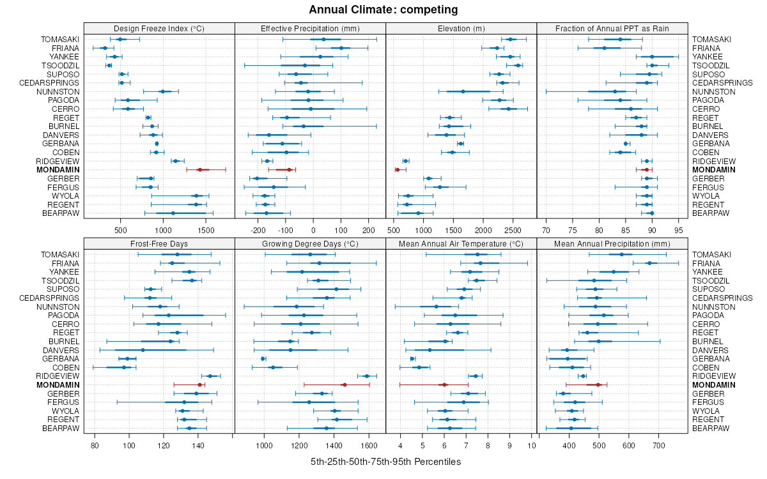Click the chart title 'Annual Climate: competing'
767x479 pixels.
click(383, 10)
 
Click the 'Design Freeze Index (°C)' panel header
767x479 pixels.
click(159, 28)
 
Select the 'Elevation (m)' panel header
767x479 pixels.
click(461, 28)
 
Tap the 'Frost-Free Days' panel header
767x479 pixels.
click(159, 244)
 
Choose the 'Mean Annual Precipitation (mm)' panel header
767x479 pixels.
click(612, 244)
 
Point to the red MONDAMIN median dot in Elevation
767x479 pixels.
click(397, 170)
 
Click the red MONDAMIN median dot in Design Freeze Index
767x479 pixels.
click(199, 170)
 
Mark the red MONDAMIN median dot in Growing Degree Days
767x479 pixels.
click(344, 385)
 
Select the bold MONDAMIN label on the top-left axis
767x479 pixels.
click(58, 170)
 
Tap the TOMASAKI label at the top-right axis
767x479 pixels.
click(711, 40)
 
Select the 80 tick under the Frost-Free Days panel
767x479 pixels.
click(95, 445)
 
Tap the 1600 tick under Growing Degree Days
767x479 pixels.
click(369, 445)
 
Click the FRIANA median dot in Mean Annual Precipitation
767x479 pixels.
click(649, 263)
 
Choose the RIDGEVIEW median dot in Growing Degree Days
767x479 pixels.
click(367, 376)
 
